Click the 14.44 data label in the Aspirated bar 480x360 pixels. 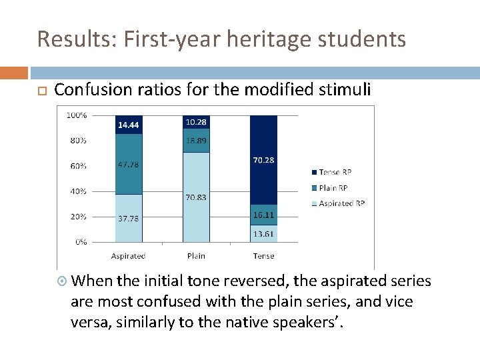coord(128,125)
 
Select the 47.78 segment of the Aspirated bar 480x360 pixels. coord(128,165)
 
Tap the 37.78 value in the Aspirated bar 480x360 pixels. coord(128,218)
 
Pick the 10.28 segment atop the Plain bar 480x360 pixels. coord(196,122)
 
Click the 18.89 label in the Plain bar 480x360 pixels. coord(196,141)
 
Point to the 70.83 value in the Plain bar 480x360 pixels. coord(196,197)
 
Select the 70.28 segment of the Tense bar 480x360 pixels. coord(263,160)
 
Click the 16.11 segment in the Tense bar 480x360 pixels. coord(263,215)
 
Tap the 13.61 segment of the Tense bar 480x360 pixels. coord(263,233)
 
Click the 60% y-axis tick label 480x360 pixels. coord(77,165)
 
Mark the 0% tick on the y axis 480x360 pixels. coord(80,242)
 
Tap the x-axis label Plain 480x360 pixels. coord(196,256)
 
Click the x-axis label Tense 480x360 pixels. coord(263,256)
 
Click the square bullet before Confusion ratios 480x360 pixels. coord(41,91)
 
